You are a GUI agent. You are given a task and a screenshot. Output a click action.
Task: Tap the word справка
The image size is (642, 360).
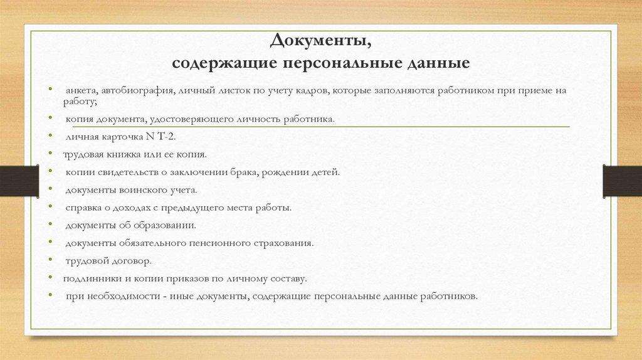(83, 206)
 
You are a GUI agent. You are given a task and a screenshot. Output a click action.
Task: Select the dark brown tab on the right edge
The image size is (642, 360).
(622, 179)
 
